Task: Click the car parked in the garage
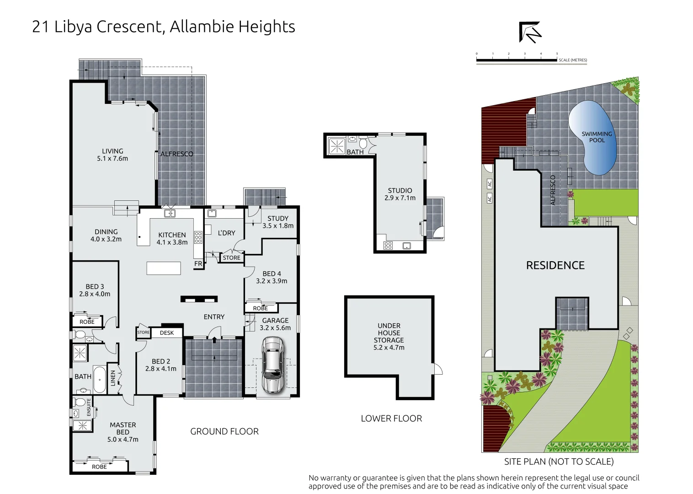272,365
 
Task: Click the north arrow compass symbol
530,32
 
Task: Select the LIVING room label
112,151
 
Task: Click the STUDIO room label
400,191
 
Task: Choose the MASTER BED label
123,429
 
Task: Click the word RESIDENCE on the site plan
555,265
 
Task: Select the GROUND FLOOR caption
224,431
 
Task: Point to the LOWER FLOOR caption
391,419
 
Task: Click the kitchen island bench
164,268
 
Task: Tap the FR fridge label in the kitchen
198,264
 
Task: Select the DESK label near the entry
167,333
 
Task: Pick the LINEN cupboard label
113,378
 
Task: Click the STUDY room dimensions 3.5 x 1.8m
278,226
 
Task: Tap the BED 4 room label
272,274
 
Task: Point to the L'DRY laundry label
226,233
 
